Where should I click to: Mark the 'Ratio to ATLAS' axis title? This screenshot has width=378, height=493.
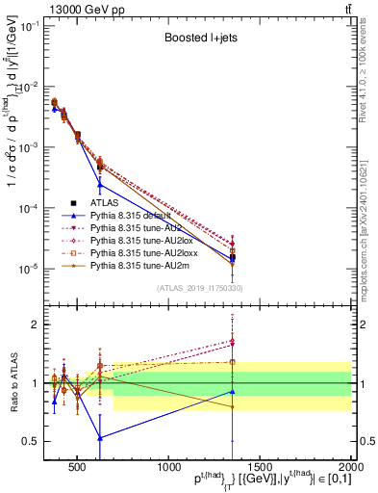pyautogui.click(x=13, y=382)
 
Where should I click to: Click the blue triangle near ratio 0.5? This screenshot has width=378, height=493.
pyautogui.click(x=100, y=437)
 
